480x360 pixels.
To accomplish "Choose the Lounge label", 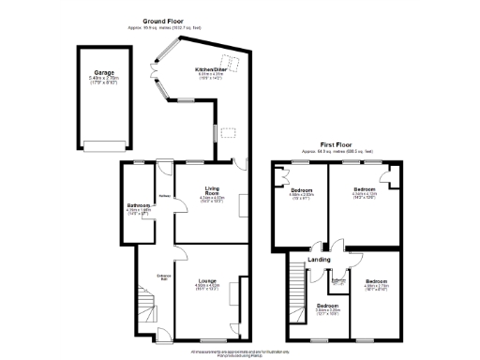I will (x=207, y=280).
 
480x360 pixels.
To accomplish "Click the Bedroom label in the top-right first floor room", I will (x=363, y=189).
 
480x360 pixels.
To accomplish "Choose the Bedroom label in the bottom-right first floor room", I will (x=376, y=281).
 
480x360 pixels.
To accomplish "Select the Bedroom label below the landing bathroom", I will (x=327, y=306).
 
